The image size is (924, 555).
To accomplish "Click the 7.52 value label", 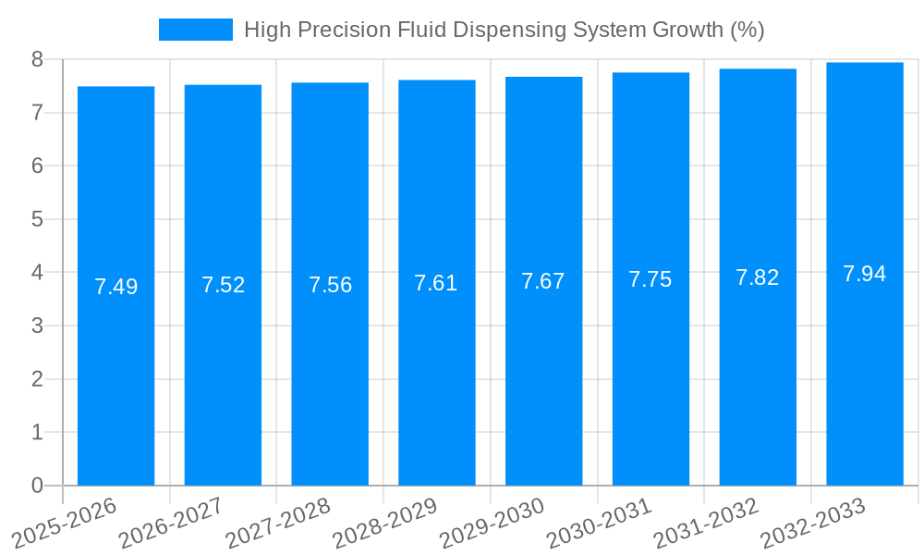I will (223, 285).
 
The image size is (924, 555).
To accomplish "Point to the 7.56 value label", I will (330, 285).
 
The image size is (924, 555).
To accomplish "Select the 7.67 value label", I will (543, 281).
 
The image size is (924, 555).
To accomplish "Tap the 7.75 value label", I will (650, 279).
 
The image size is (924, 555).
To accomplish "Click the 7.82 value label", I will (758, 277).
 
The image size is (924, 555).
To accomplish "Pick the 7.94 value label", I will (864, 274).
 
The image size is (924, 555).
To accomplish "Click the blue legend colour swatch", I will (195, 30).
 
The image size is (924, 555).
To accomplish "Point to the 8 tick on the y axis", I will (37, 59).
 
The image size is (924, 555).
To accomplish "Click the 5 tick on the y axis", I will (37, 219).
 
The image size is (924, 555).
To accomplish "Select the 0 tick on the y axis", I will (37, 486).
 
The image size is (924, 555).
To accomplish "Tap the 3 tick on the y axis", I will (37, 326).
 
